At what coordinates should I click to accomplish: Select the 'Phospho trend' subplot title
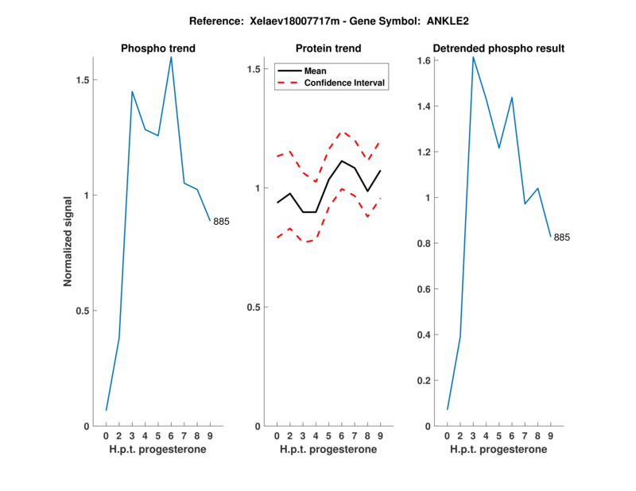click(157, 48)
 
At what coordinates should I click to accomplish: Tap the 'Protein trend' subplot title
click(328, 48)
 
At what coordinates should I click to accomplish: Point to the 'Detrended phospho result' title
click(498, 48)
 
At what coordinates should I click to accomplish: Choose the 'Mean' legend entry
click(315, 71)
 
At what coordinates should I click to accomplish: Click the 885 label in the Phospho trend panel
click(221, 222)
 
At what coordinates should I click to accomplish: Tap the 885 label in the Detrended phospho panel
click(562, 238)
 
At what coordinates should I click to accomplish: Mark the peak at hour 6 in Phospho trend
click(171, 57)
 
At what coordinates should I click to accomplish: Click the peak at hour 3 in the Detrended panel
click(473, 56)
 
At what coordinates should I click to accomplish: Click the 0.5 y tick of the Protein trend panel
click(254, 307)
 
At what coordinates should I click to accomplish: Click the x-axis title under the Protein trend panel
click(328, 450)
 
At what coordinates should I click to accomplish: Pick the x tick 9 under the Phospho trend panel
click(209, 435)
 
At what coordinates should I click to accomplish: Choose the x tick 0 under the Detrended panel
click(447, 435)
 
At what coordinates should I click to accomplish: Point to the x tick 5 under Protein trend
click(328, 435)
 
